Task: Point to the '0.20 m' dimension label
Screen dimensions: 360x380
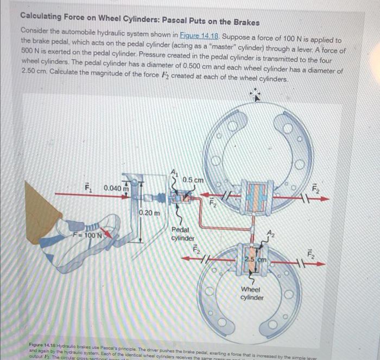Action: [x=150, y=212]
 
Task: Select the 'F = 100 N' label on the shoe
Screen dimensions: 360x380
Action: [x=88, y=235]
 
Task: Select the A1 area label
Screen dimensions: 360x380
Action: [x=175, y=172]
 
